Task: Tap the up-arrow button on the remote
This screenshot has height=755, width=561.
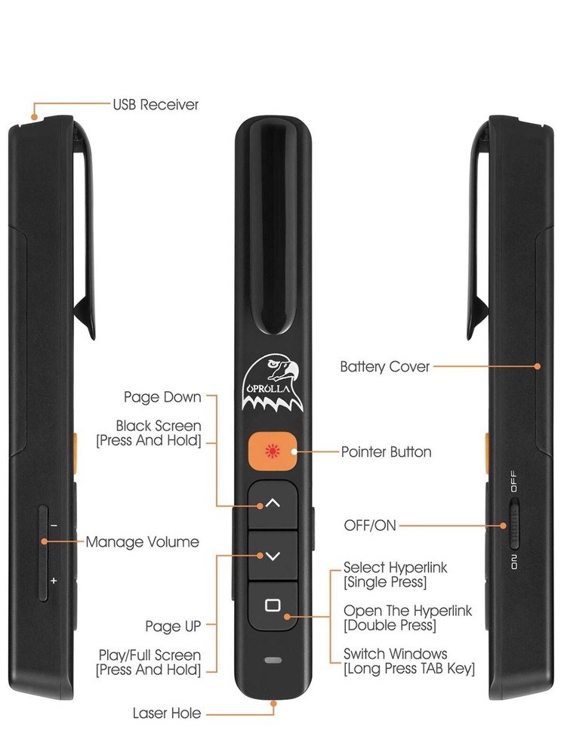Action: (x=273, y=503)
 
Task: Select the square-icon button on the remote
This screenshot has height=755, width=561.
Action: (x=273, y=604)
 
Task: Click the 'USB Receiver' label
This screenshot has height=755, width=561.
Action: (x=156, y=105)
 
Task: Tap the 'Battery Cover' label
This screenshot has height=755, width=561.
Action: (x=384, y=367)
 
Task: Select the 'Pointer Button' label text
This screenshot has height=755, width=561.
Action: (x=386, y=452)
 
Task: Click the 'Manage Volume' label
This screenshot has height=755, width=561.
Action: (x=142, y=541)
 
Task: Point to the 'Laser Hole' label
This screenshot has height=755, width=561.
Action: (x=166, y=713)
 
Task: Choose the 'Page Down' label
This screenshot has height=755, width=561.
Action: (x=162, y=396)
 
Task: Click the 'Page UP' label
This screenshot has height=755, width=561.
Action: (x=173, y=626)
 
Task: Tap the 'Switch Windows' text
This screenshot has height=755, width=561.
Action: (x=395, y=653)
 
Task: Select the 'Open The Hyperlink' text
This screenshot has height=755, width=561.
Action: (x=408, y=610)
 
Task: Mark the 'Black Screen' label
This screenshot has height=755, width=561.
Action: (x=158, y=426)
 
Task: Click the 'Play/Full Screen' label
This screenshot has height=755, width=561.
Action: (x=149, y=655)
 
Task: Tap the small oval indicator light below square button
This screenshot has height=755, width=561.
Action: (x=273, y=660)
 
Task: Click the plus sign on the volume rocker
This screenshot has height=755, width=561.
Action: (x=54, y=581)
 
